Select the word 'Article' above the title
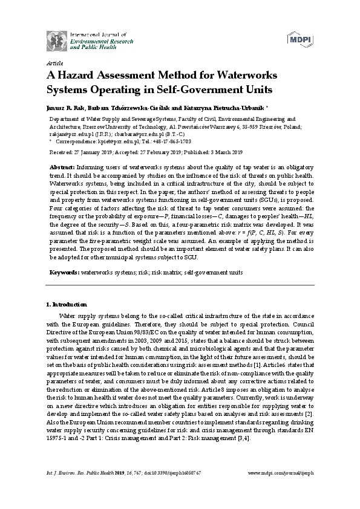click(x=54, y=63)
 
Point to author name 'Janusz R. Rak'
click(x=63, y=108)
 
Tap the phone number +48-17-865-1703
click(x=161, y=139)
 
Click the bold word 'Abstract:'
click(x=63, y=166)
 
